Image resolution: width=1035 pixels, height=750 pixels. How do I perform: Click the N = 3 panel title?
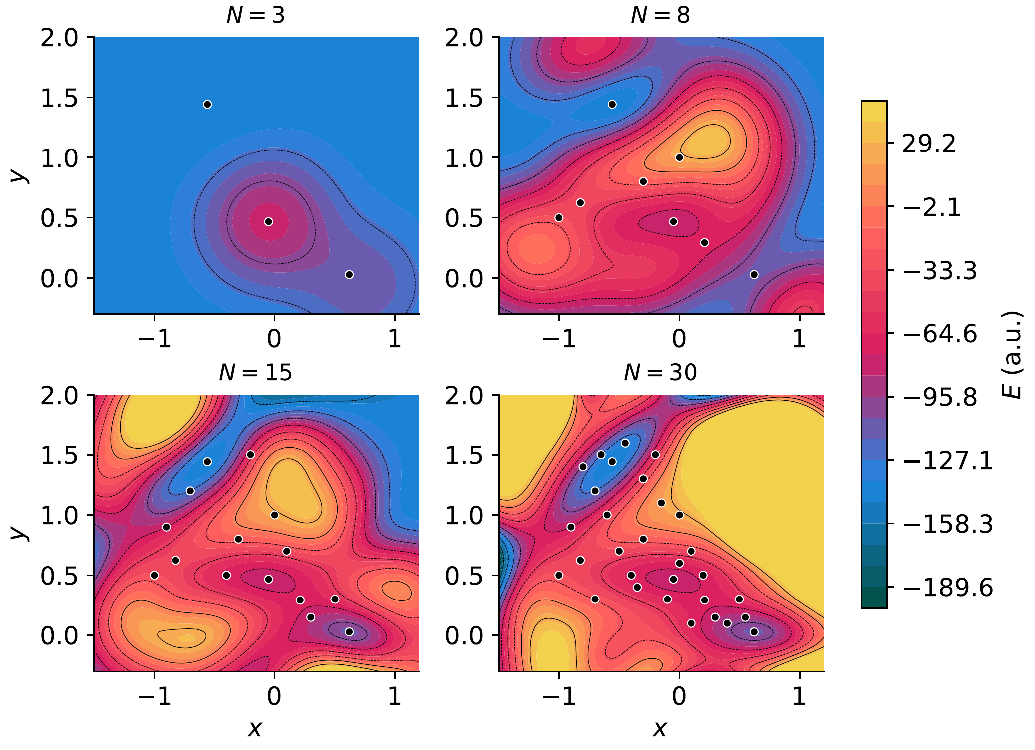click(256, 15)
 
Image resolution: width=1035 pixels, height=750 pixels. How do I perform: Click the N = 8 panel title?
click(660, 15)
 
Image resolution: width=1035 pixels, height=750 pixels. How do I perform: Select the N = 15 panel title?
click(256, 373)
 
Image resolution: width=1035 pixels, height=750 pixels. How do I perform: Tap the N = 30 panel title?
click(660, 373)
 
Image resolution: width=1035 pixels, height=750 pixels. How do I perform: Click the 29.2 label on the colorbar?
click(929, 144)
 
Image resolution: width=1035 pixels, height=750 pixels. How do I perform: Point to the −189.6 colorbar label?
click(948, 588)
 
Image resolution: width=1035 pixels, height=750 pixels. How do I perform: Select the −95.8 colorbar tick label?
click(940, 398)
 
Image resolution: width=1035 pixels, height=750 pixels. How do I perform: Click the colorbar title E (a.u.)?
click(1012, 354)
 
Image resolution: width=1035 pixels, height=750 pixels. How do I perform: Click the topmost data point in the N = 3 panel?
click(207, 104)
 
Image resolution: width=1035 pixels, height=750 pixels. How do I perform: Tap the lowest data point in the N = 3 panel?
click(349, 275)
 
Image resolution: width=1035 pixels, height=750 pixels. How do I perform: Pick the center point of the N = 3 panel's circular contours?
click(269, 222)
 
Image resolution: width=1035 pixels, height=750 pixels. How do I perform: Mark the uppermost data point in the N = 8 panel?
click(612, 104)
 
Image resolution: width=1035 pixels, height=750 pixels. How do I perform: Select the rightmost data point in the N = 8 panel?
click(754, 275)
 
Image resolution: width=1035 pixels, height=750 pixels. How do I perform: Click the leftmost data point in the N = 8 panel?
click(559, 218)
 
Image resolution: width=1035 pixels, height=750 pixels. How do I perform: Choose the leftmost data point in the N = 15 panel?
click(154, 575)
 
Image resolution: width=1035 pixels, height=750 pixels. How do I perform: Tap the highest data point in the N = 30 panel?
click(625, 443)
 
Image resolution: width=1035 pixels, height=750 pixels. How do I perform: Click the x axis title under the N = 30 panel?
click(660, 729)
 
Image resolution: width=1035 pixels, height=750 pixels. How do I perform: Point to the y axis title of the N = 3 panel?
click(18, 175)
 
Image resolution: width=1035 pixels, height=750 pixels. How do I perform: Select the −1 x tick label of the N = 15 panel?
click(154, 696)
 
